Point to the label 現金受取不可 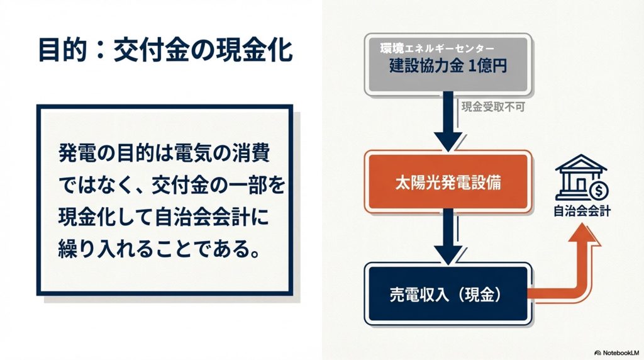tap(493, 107)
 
